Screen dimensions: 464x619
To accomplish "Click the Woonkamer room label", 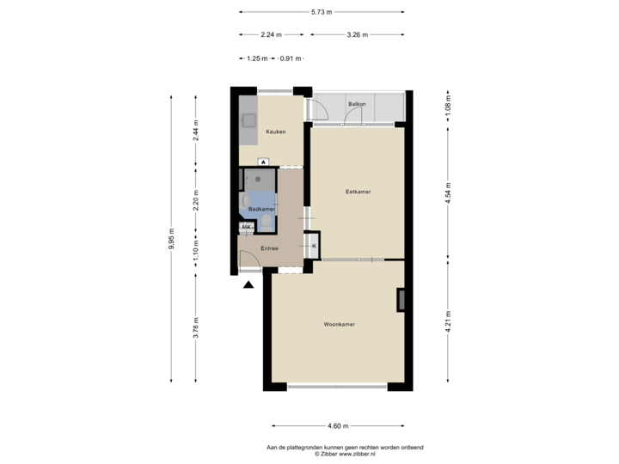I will (x=340, y=324).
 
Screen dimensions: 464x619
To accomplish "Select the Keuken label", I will (x=275, y=131).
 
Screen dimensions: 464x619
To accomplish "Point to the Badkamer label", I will (x=261, y=209).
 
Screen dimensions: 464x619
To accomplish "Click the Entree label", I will (x=270, y=248).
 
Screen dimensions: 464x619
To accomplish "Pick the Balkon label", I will (x=357, y=104).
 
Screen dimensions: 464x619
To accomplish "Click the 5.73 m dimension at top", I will (x=322, y=12).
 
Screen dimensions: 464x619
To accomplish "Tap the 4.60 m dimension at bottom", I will (x=337, y=424).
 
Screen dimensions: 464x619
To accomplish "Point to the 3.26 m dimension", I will (x=356, y=35).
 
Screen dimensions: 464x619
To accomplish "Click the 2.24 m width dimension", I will (x=271, y=35).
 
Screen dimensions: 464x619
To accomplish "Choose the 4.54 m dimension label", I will (x=449, y=192).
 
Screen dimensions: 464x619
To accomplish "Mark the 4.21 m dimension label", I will (x=449, y=321).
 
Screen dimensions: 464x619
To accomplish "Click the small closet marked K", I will (x=314, y=247).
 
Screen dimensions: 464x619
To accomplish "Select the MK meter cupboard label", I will (x=247, y=228).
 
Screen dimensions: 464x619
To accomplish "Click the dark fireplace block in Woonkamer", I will (x=400, y=299).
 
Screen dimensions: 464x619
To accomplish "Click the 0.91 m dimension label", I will (x=291, y=58).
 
